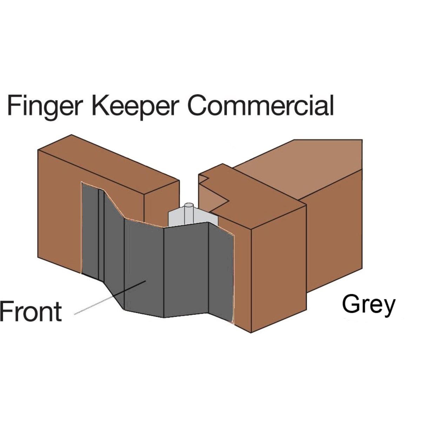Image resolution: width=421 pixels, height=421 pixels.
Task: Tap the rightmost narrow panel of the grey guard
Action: point(221,270)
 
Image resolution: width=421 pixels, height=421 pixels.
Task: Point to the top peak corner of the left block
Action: point(72,135)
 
